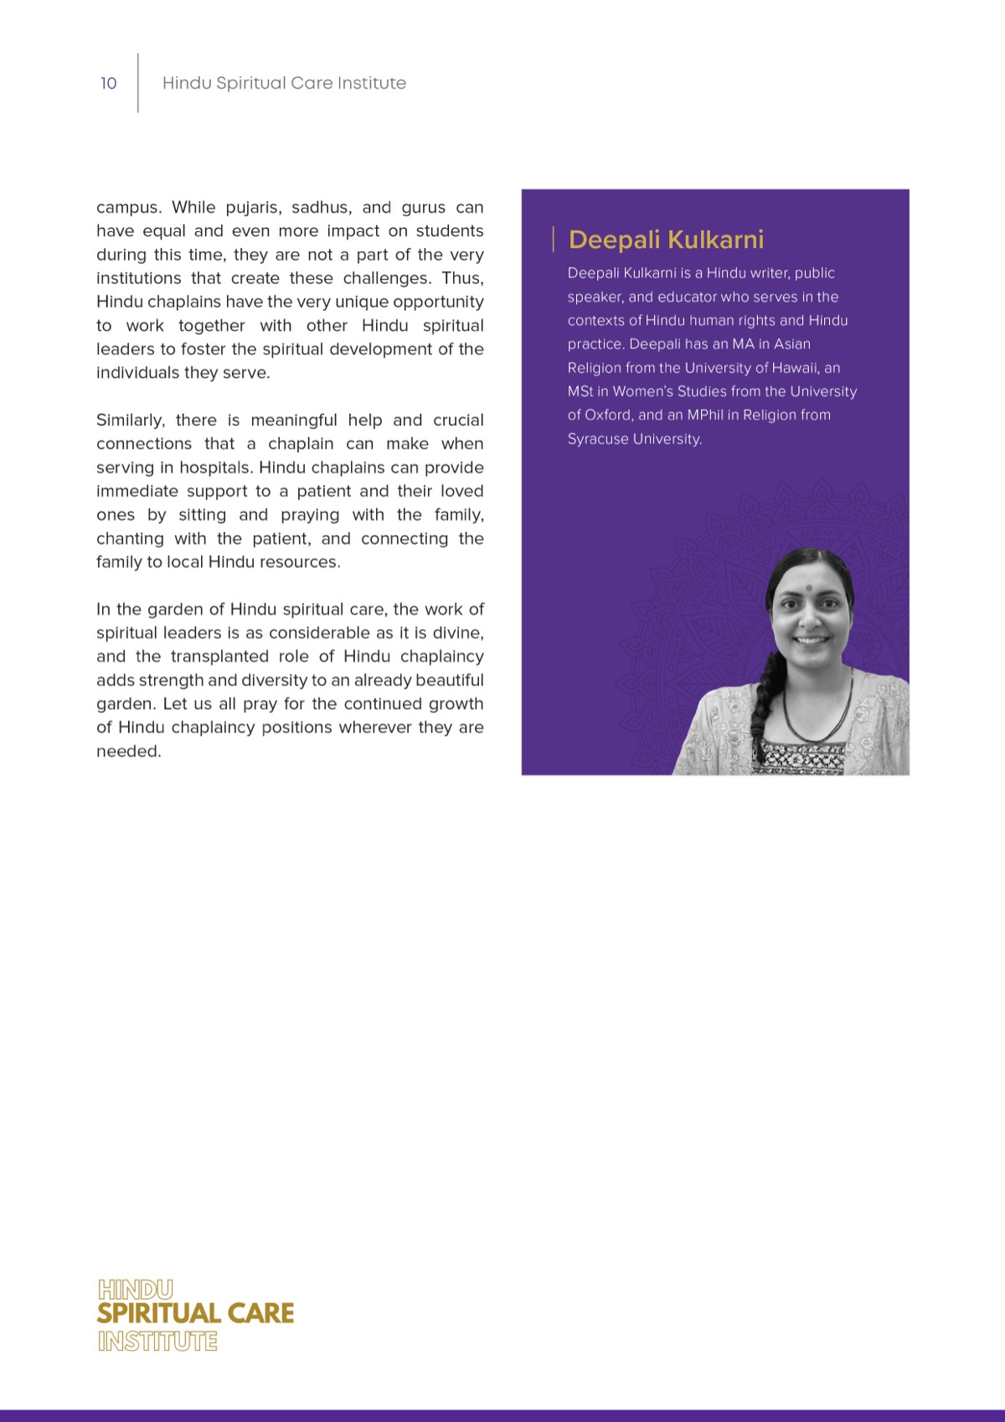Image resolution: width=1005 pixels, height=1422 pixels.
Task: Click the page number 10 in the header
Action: pos(108,83)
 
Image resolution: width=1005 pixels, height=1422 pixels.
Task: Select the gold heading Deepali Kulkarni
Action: pos(666,240)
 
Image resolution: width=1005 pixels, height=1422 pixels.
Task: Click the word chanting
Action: pos(130,538)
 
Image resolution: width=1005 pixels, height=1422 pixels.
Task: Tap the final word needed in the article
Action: pos(128,751)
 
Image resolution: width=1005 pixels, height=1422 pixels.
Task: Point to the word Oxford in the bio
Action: pos(607,415)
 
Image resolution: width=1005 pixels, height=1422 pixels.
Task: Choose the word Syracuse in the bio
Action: pos(598,439)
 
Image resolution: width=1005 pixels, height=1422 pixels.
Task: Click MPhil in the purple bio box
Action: pos(705,415)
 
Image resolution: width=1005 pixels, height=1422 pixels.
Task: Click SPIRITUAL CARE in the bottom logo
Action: pos(195,1313)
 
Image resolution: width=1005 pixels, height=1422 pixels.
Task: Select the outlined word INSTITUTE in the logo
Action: pos(157,1341)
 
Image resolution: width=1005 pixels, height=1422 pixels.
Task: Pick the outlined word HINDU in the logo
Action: pos(136,1289)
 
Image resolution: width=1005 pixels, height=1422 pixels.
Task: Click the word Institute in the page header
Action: pos(371,83)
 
